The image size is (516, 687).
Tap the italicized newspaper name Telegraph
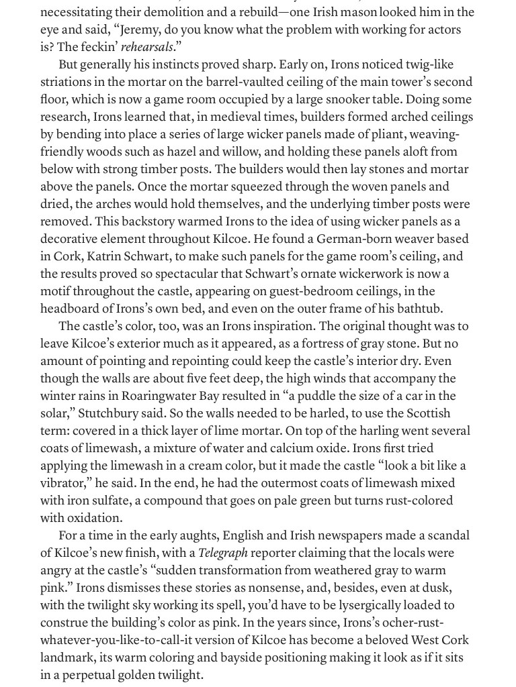point(223,553)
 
